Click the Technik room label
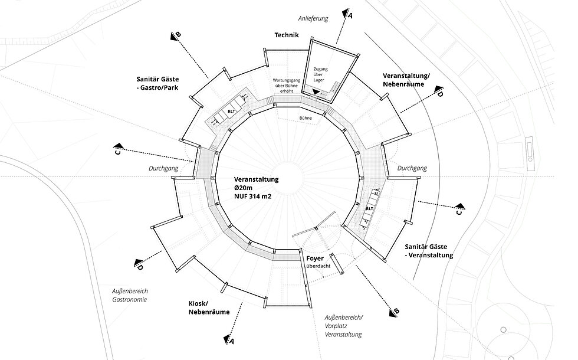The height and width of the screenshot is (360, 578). coord(287,35)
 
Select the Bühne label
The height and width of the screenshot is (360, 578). coord(305,118)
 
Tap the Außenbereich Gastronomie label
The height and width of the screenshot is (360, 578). coord(129,295)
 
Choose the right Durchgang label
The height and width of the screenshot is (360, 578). coord(412,168)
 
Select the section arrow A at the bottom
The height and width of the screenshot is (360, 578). coord(229,338)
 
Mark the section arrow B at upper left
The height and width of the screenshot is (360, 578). coord(176,35)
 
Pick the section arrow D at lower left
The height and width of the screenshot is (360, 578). coord(139,263)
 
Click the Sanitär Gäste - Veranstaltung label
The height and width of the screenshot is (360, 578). coord(429,251)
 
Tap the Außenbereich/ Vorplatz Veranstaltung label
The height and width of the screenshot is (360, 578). coord(344,326)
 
